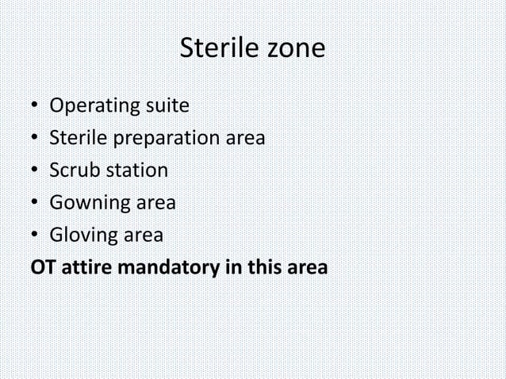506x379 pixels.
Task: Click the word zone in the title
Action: pos(294,49)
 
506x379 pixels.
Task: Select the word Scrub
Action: pos(73,170)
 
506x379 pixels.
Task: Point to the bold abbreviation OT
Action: pos(42,268)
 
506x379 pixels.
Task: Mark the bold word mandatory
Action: pos(167,268)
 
